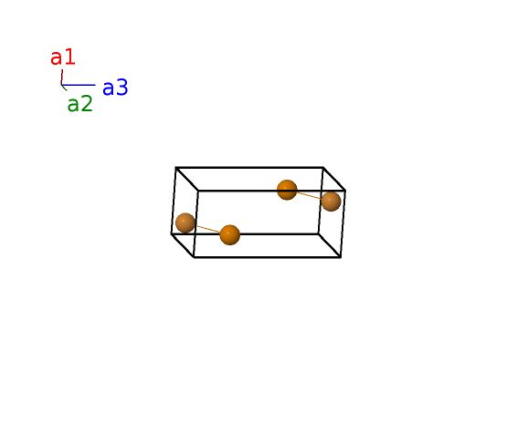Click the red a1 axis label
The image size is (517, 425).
point(63,57)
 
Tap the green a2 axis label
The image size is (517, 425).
point(79,103)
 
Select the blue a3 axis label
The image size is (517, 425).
point(115,88)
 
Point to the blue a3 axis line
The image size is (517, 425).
point(79,85)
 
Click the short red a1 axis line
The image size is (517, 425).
point(62,77)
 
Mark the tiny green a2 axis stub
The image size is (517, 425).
point(64,88)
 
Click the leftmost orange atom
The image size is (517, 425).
point(185,223)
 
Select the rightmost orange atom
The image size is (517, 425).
point(331,202)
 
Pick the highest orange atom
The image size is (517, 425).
point(287,190)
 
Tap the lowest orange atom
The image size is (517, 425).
point(230,234)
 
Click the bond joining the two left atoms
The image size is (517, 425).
point(207,229)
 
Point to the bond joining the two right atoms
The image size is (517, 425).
point(309,195)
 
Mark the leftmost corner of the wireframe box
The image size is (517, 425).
point(171,233)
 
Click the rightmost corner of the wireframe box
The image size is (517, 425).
point(345,191)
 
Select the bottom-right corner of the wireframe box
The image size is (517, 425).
point(341,257)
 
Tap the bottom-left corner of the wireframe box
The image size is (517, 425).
point(194,257)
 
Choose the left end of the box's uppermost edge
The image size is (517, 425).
point(175,168)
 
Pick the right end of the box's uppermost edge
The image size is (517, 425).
point(323,168)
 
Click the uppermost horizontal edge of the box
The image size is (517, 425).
point(249,168)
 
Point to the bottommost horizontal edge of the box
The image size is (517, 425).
point(267,257)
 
